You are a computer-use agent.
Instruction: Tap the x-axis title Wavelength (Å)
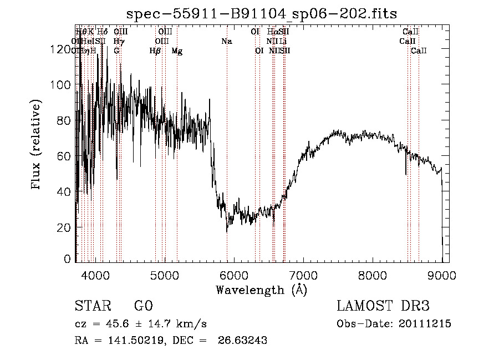pos(261,290)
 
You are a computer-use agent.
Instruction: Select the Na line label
pos(226,41)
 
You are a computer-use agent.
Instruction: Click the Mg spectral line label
pos(177,51)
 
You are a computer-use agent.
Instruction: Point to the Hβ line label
pos(155,51)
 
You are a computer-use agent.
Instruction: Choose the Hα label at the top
pos(272,32)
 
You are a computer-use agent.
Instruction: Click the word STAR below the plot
pos(92,306)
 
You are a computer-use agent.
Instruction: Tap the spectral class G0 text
pos(143,306)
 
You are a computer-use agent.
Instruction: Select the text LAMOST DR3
pos(383,306)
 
